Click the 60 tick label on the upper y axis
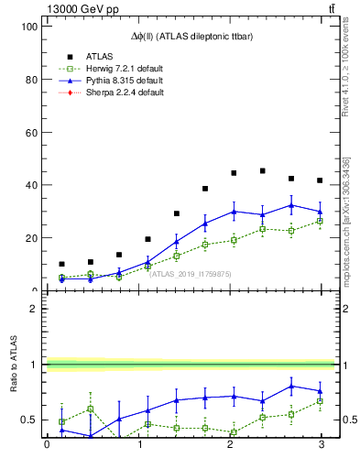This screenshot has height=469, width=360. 30,132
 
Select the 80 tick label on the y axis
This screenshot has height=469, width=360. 30,80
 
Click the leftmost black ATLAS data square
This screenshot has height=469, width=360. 61,264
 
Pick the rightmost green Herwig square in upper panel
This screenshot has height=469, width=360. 320,221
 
